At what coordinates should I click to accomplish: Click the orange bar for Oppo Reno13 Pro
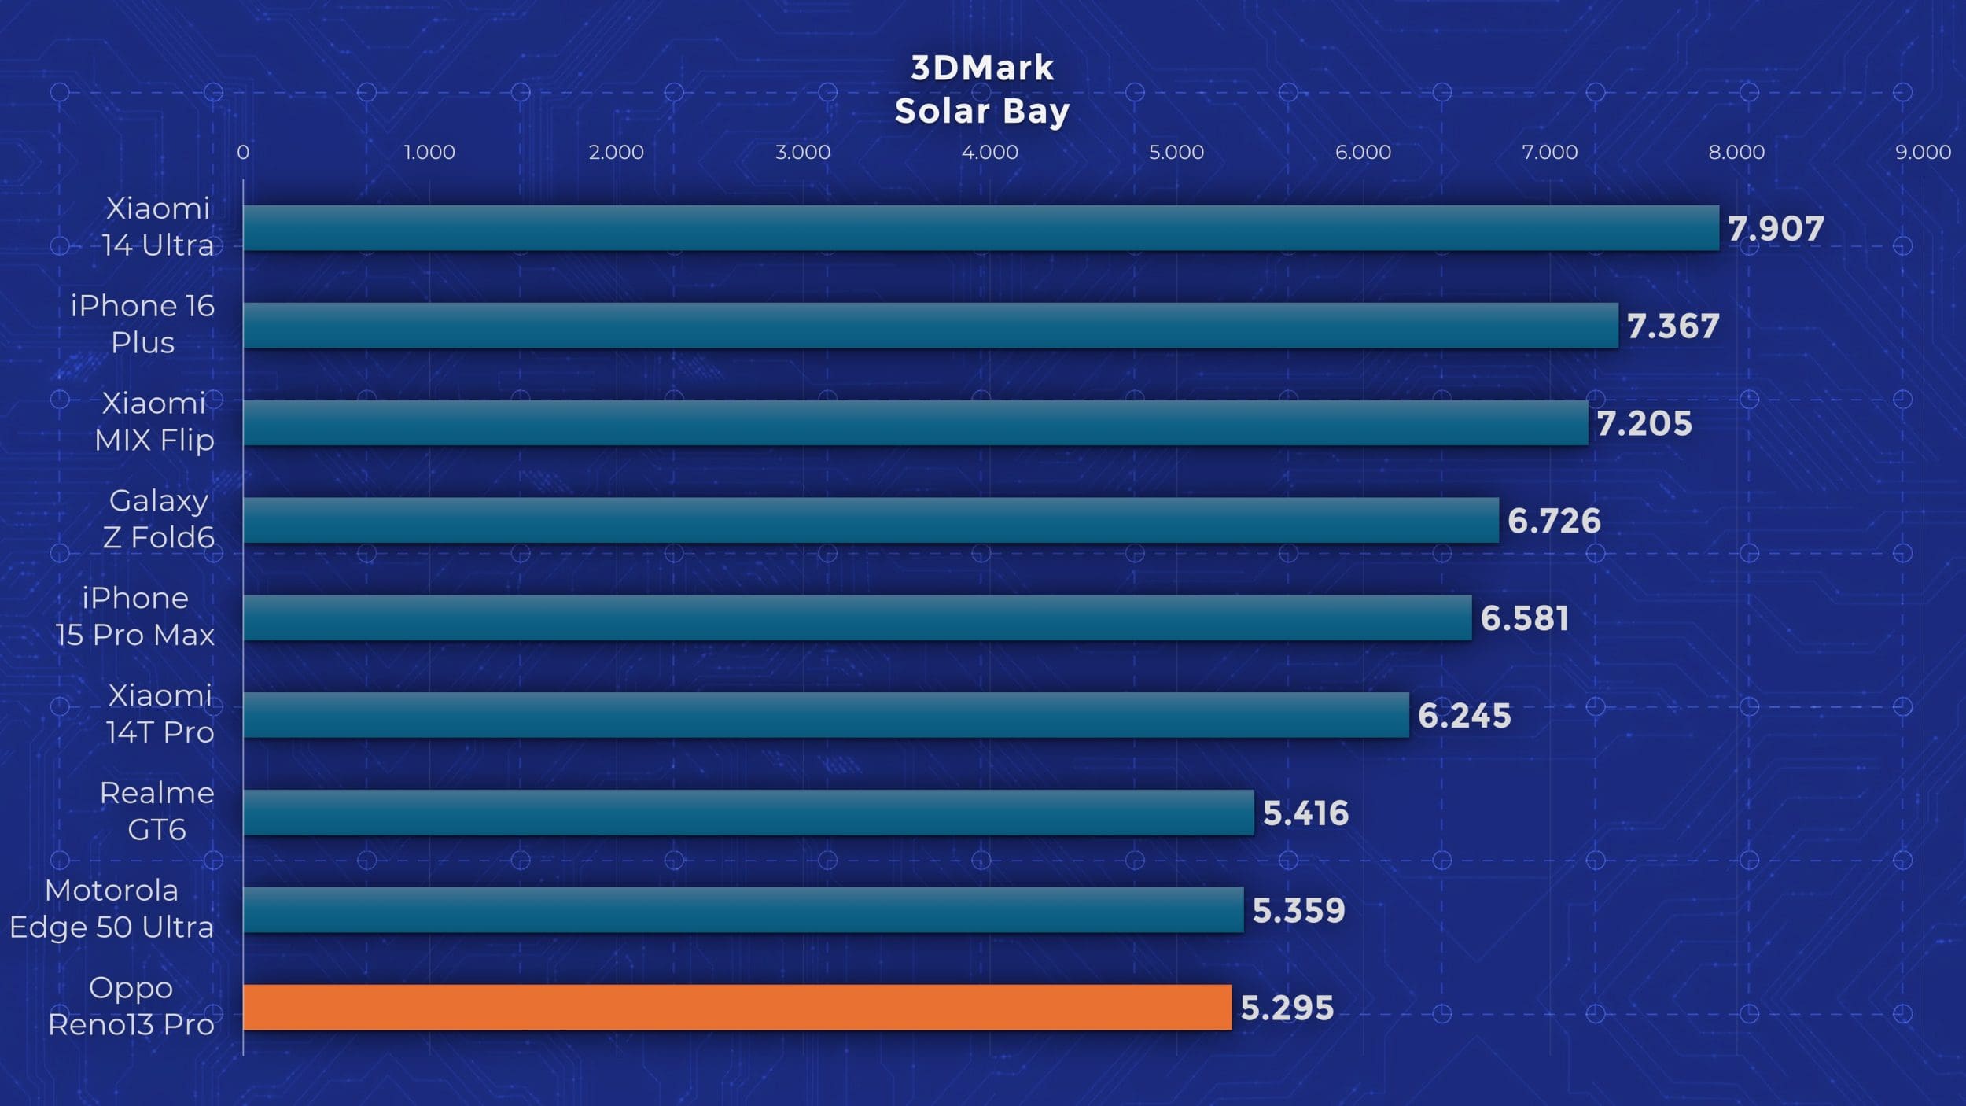[x=737, y=1007]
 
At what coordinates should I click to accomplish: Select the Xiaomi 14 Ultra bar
[x=981, y=228]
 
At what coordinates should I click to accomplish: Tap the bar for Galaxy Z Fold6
[x=871, y=520]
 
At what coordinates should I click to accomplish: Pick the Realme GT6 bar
[x=748, y=813]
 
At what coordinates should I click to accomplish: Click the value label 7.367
[x=1673, y=326]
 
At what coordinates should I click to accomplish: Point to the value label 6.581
[x=1524, y=618]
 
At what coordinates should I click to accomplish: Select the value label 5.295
[x=1287, y=1008]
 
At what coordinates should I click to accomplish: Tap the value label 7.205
[x=1644, y=423]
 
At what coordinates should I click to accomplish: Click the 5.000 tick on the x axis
[x=1176, y=152]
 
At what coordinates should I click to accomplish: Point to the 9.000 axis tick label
[x=1923, y=152]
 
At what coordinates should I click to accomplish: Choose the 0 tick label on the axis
[x=243, y=152]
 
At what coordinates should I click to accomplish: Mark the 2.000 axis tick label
[x=616, y=152]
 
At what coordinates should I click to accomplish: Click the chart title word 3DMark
[x=982, y=68]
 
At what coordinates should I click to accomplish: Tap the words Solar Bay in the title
[x=982, y=111]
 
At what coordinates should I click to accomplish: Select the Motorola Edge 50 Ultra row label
[x=112, y=909]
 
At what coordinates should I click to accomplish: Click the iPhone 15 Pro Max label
[x=134, y=616]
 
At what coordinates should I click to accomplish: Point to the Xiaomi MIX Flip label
[x=154, y=421]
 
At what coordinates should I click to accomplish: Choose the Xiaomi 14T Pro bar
[x=826, y=715]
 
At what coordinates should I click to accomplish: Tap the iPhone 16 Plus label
[x=142, y=323]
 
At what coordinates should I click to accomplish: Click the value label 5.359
[x=1298, y=910]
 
